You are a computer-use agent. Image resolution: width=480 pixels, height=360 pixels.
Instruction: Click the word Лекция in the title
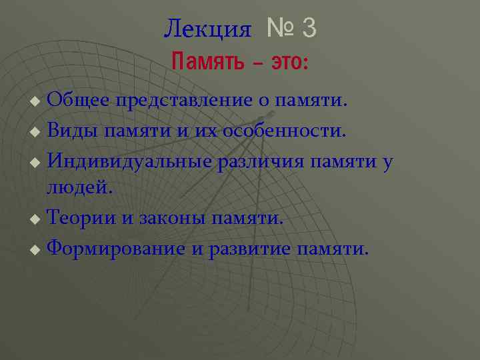click(x=207, y=29)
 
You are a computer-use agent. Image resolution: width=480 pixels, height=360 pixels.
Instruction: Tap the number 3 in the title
click(x=309, y=28)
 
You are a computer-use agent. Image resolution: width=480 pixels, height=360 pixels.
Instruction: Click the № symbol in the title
click(x=279, y=28)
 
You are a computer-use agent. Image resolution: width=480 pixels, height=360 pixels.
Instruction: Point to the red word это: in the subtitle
click(x=288, y=63)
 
